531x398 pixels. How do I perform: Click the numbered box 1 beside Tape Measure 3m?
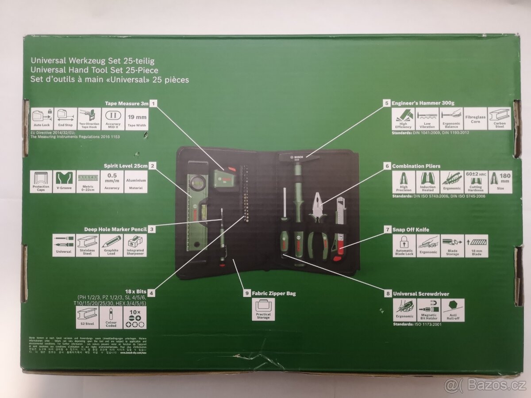tap(154, 103)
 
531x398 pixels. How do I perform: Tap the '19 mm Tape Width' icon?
tap(137, 119)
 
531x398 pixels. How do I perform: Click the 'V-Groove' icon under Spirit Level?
tap(64, 181)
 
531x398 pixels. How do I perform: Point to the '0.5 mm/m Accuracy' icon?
tap(112, 181)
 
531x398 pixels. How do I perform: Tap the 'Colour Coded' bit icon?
tap(111, 318)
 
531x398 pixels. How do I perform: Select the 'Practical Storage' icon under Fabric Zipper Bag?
tap(263, 309)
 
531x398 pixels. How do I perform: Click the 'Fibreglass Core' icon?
tap(475, 119)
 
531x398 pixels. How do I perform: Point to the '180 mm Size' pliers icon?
tap(500, 182)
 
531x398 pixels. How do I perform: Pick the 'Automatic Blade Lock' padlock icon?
tap(404, 246)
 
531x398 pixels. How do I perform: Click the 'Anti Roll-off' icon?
tap(453, 310)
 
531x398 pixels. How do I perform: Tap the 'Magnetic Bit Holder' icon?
tap(428, 310)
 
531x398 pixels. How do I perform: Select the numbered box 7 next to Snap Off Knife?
tap(387, 230)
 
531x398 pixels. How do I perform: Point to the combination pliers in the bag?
tap(318, 226)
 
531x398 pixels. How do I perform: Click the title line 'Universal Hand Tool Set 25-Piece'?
tap(94, 70)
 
